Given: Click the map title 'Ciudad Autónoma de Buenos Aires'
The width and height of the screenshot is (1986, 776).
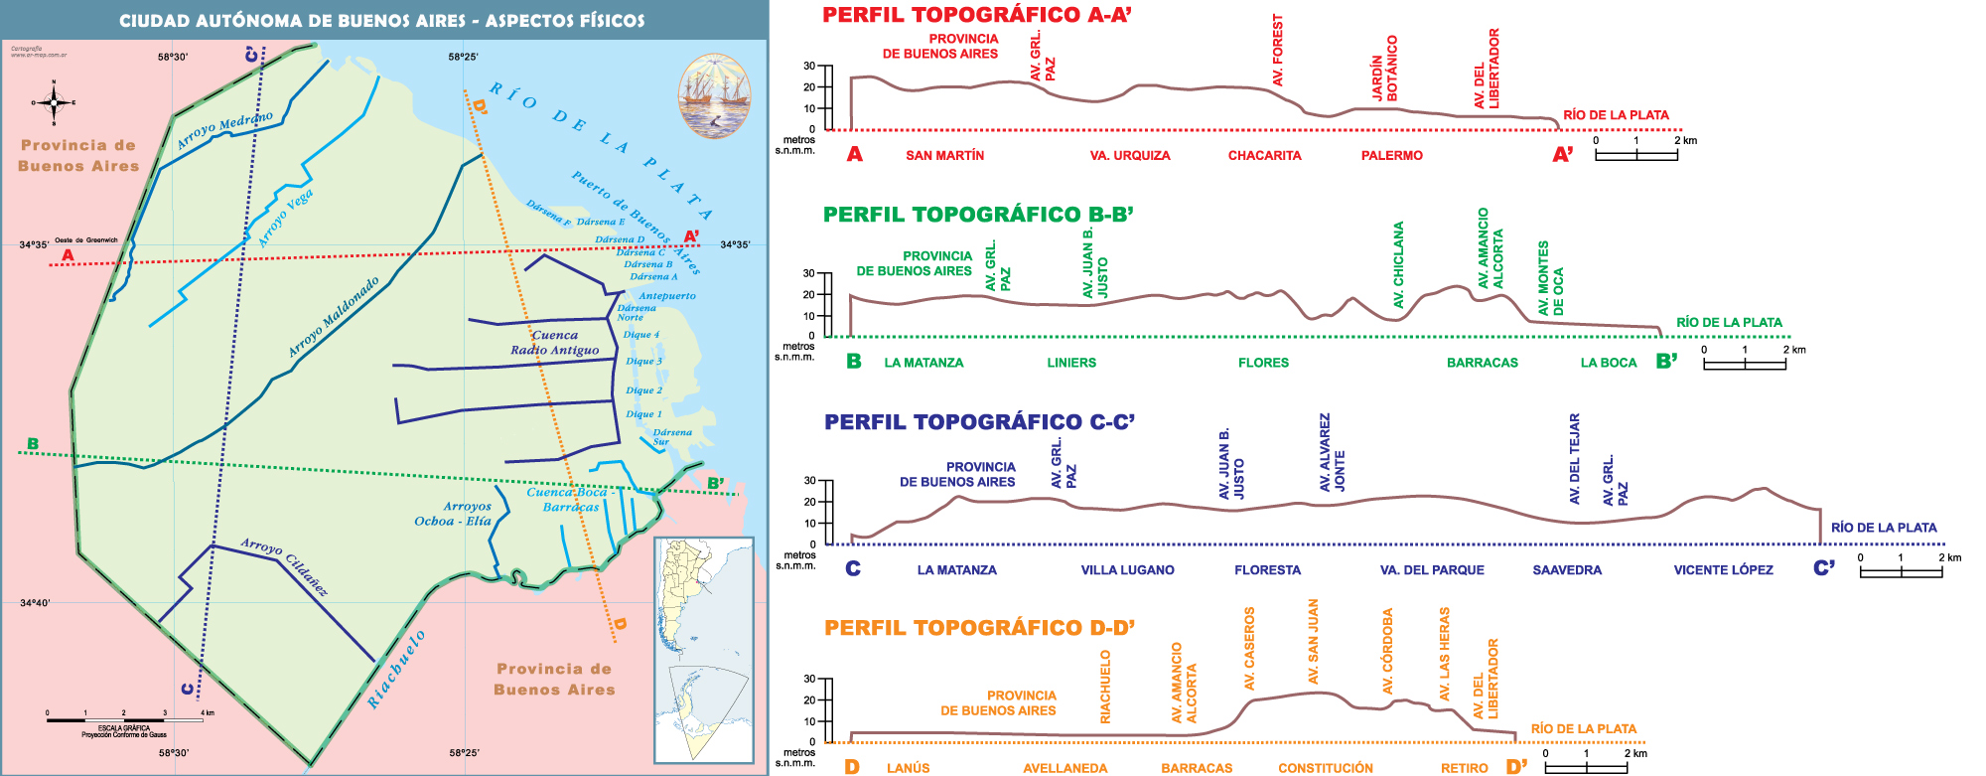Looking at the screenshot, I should pos(381,20).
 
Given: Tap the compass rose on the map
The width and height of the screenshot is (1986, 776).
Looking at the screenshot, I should pos(55,101).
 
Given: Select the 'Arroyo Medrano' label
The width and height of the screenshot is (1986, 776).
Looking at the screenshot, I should pos(224,130).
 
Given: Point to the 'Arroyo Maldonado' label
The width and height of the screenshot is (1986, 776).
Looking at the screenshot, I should pos(334,317).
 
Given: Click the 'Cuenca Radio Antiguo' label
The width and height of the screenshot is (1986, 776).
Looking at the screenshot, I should pos(555,342).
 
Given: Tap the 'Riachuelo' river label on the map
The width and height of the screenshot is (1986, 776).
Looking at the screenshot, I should pos(396,669).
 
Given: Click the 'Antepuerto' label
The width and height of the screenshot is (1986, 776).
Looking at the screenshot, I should pos(667,295).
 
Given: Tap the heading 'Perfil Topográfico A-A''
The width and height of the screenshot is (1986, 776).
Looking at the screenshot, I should pos(977,15).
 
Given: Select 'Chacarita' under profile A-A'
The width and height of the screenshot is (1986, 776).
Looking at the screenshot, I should pos(1264,155).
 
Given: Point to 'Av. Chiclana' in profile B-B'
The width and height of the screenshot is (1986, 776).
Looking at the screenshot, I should pos(1398,264).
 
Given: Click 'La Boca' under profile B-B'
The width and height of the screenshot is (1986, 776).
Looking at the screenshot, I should pos(1608,363).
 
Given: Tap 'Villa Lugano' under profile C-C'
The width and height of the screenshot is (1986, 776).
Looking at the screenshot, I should pos(1127,570).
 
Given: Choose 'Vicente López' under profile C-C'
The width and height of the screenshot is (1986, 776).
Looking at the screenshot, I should pos(1723,570).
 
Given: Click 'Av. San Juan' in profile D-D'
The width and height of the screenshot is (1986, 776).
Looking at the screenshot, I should pos(1313,642).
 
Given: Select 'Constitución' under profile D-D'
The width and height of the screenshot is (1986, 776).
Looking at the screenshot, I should pos(1325,768).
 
